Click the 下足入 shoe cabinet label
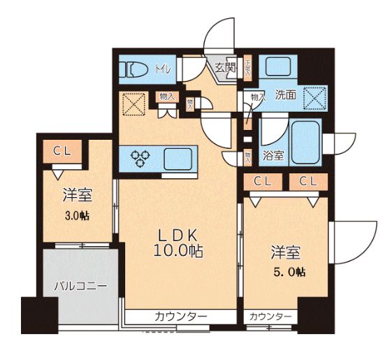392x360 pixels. [248, 68]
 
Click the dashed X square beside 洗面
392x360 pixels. [314, 98]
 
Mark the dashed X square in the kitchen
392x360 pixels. [133, 105]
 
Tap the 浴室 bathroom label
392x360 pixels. [272, 155]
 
